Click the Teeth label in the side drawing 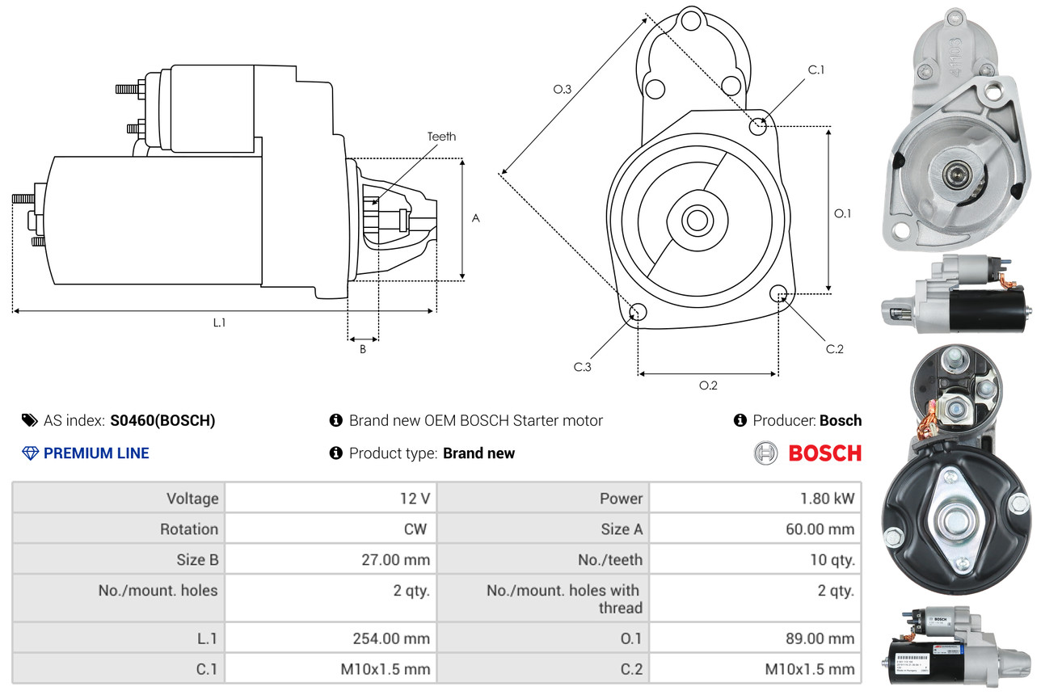[x=441, y=137]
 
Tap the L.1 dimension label [x=219, y=322]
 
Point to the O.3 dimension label [x=563, y=90]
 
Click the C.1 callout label [x=816, y=69]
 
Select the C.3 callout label [x=583, y=367]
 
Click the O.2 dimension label [x=708, y=385]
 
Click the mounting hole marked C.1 [x=758, y=126]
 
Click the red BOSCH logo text [x=824, y=453]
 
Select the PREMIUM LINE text [x=96, y=453]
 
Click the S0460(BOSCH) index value [x=163, y=420]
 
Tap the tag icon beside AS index [x=29, y=420]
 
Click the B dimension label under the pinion [x=363, y=350]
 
